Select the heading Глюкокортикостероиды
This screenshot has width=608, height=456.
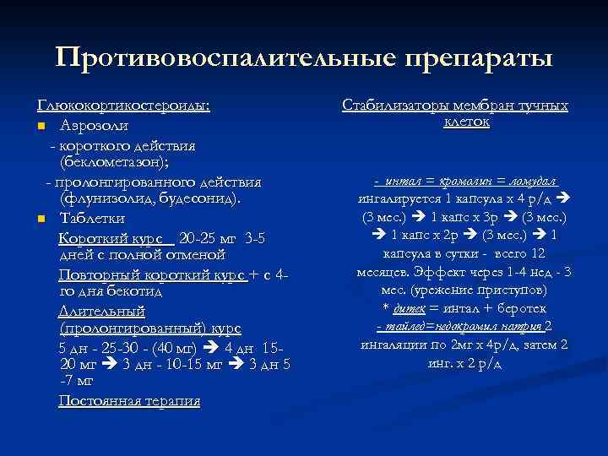(123, 106)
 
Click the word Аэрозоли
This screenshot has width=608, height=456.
(95, 126)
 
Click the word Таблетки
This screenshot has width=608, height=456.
(94, 220)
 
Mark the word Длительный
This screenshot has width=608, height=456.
(98, 310)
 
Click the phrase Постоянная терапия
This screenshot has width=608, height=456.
(129, 401)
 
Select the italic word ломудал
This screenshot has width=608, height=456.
(529, 182)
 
